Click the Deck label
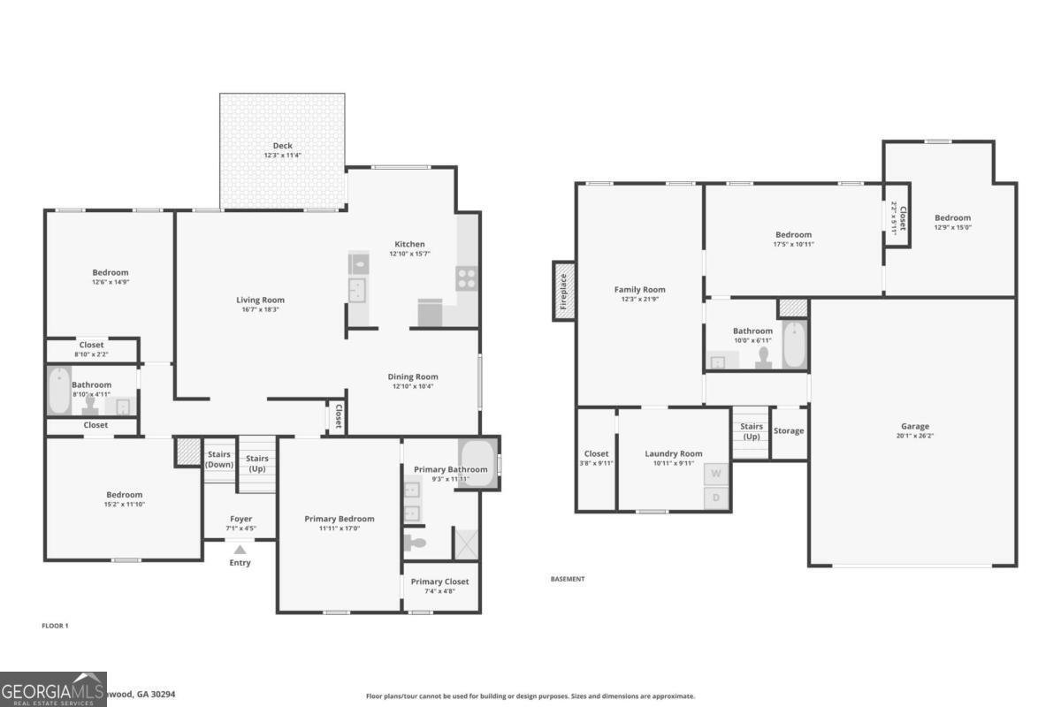pyautogui.click(x=282, y=146)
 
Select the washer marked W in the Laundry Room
pyautogui.click(x=716, y=474)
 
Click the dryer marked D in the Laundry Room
pyautogui.click(x=716, y=498)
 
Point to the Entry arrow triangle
pyautogui.click(x=240, y=550)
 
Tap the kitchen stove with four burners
pyautogui.click(x=466, y=278)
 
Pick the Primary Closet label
pyautogui.click(x=439, y=582)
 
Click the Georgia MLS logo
pyautogui.click(x=53, y=689)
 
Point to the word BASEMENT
pyautogui.click(x=568, y=579)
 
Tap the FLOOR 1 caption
pyautogui.click(x=55, y=626)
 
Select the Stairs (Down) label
pyautogui.click(x=218, y=460)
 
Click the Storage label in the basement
pyautogui.click(x=789, y=431)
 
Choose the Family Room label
pyautogui.click(x=639, y=290)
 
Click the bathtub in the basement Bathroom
pyautogui.click(x=795, y=345)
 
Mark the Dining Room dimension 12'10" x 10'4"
pyautogui.click(x=413, y=386)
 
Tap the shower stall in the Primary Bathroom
pyautogui.click(x=465, y=543)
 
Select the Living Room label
pyautogui.click(x=260, y=300)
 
